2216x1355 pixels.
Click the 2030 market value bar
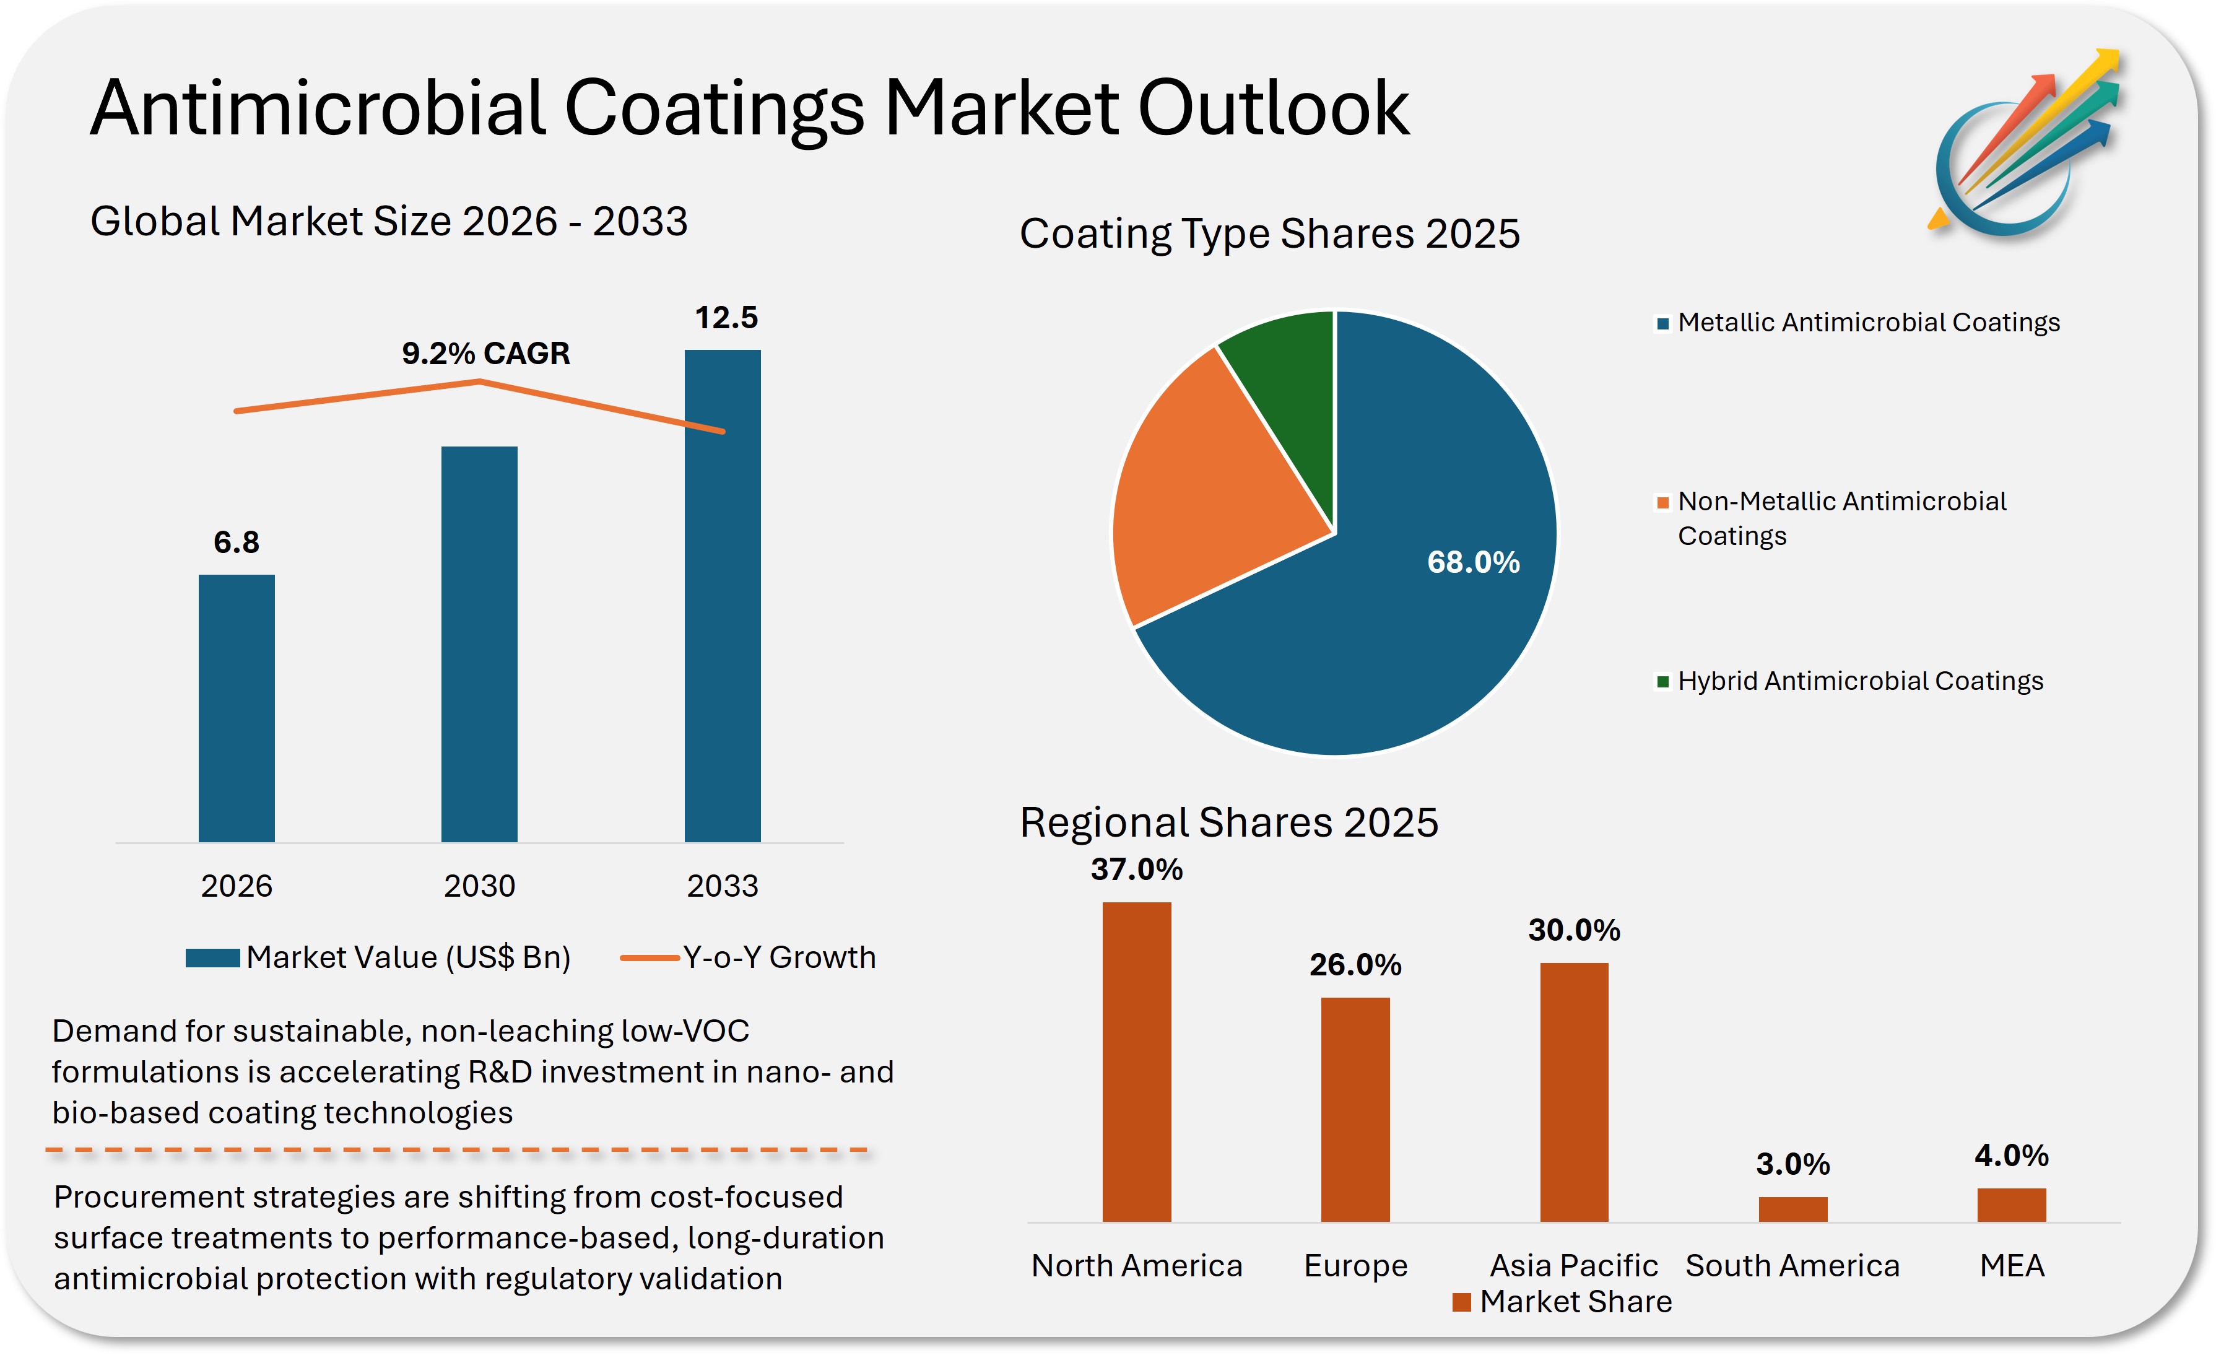tap(479, 643)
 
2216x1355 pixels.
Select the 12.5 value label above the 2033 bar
tap(726, 318)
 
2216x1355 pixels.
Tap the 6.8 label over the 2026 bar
tap(237, 542)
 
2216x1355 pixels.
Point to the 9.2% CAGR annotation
tap(485, 354)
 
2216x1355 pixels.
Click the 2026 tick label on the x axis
tap(237, 886)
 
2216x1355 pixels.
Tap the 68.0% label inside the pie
tap(1473, 562)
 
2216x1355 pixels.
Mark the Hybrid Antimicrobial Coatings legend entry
tap(1850, 681)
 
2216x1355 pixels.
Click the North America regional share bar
tap(1137, 1061)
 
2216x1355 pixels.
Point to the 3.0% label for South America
tap(1792, 1164)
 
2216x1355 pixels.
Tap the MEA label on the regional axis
tap(2012, 1266)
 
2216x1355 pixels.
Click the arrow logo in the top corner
tap(2023, 144)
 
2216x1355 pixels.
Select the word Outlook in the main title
tap(1272, 108)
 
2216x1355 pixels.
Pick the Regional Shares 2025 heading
tap(1228, 822)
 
